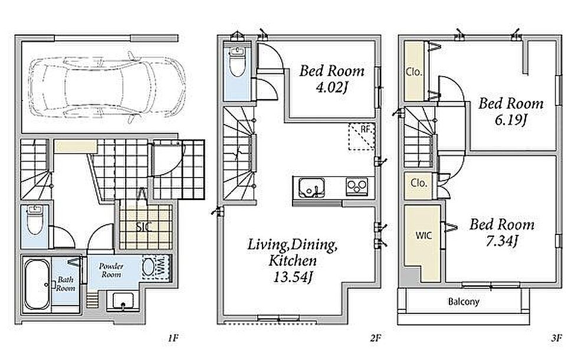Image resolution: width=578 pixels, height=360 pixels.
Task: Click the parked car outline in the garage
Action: tap(107, 87)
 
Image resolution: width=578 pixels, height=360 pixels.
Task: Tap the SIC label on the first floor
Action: tap(144, 227)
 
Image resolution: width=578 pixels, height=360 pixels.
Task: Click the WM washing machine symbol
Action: tap(156, 267)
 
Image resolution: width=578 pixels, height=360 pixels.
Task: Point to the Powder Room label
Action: tap(111, 270)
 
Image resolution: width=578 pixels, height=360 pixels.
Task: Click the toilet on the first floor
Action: tap(35, 221)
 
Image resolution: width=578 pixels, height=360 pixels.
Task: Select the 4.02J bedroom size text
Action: tap(331, 88)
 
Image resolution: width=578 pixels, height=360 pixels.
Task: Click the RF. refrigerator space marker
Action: tap(362, 136)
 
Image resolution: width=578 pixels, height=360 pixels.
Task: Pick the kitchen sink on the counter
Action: tap(311, 188)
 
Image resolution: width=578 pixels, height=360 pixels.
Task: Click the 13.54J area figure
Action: tap(293, 277)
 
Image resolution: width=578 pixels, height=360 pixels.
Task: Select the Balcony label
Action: tap(464, 302)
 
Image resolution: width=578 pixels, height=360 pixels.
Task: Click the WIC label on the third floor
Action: tap(423, 235)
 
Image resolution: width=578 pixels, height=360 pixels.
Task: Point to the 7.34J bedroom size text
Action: tap(502, 241)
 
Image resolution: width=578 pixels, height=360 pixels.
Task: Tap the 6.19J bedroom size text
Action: tap(511, 120)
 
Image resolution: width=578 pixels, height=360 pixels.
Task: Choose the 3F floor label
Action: tap(557, 338)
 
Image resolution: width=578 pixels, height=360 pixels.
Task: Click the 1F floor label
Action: tap(173, 338)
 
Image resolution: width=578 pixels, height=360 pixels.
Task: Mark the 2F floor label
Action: tap(375, 338)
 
